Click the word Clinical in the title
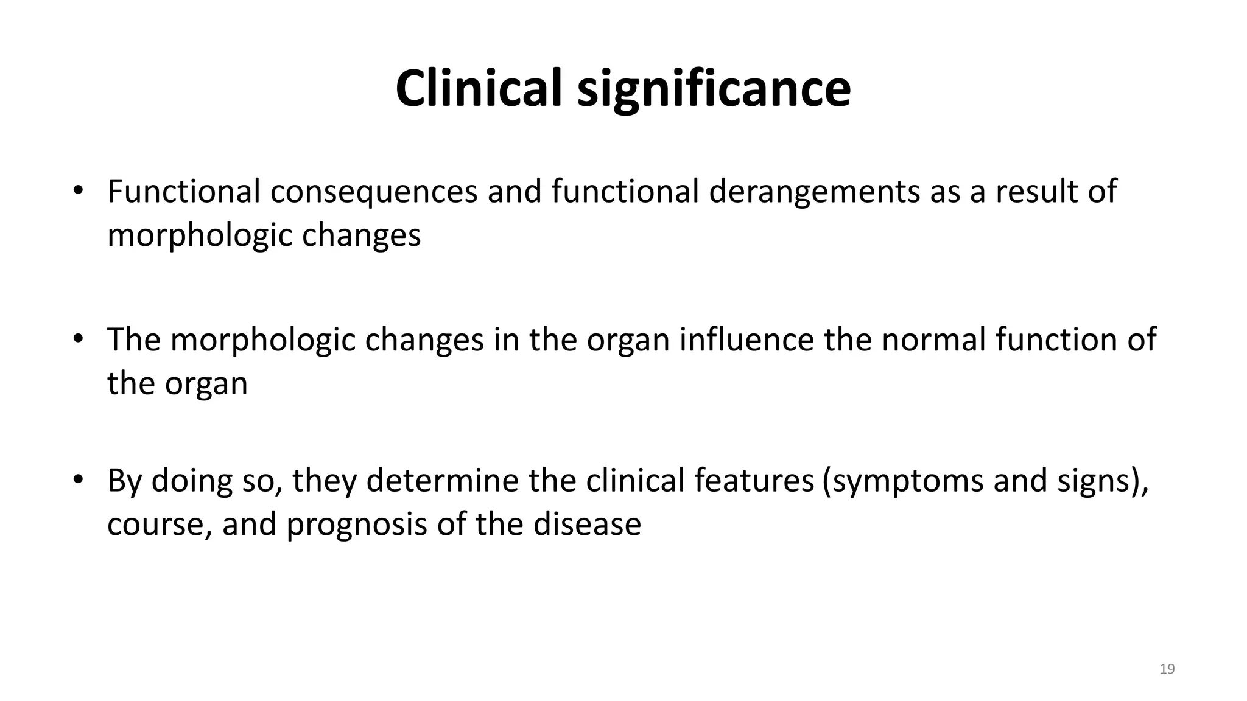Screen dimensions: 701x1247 (x=479, y=88)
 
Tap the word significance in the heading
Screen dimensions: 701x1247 (x=714, y=89)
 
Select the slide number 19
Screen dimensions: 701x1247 (x=1167, y=669)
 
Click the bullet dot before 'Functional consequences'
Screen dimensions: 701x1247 (x=77, y=190)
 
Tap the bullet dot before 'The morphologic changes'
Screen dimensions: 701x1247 (x=77, y=338)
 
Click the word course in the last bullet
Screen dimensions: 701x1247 (x=156, y=525)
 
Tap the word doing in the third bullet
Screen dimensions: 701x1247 (x=192, y=481)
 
